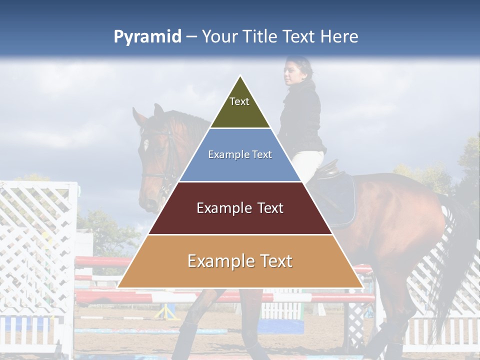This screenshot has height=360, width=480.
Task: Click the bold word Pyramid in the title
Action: point(147,37)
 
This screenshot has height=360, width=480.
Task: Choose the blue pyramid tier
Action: point(240,165)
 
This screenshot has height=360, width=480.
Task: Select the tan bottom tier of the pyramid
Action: point(240,270)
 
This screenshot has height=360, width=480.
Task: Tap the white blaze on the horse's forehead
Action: point(145,145)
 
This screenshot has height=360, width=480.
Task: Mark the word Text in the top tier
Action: point(239,101)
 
